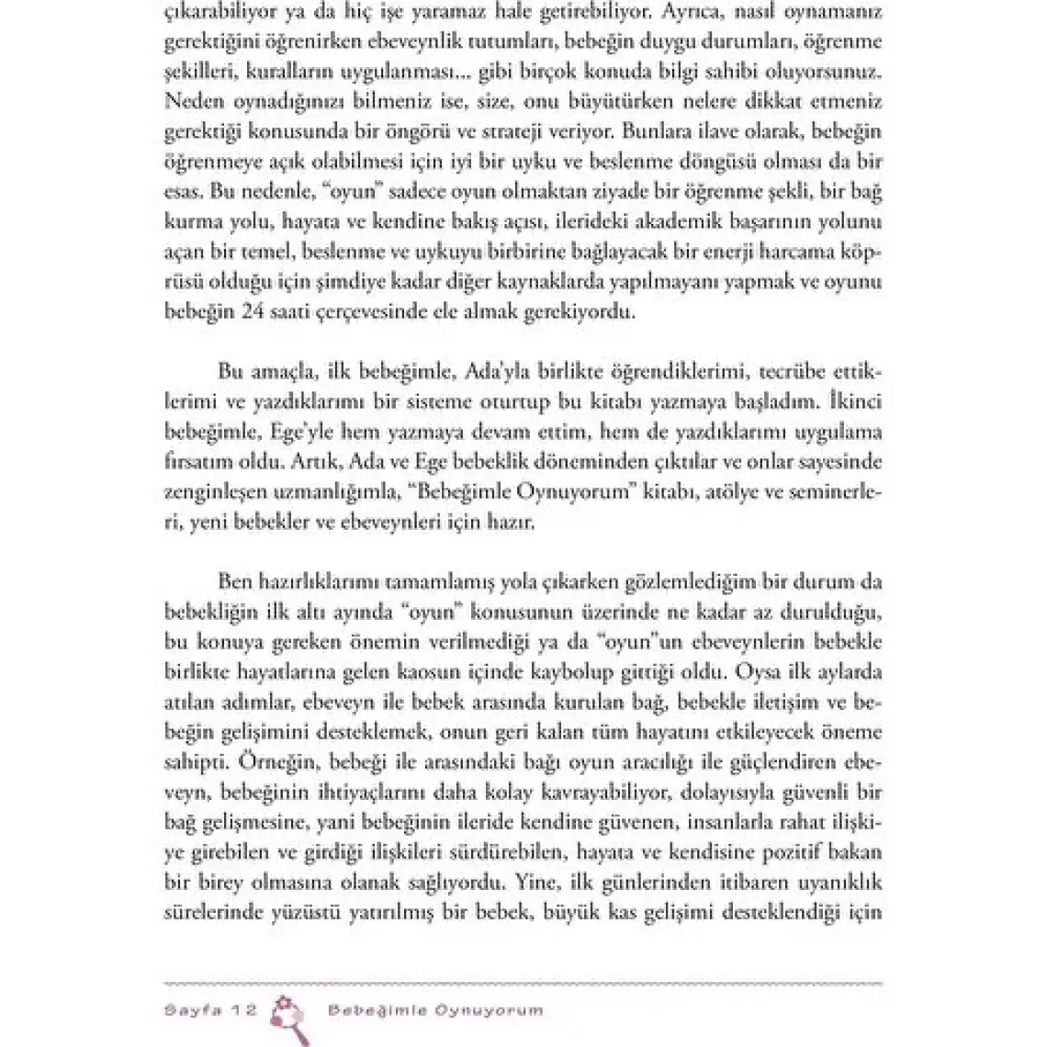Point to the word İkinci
tap(852, 400)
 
